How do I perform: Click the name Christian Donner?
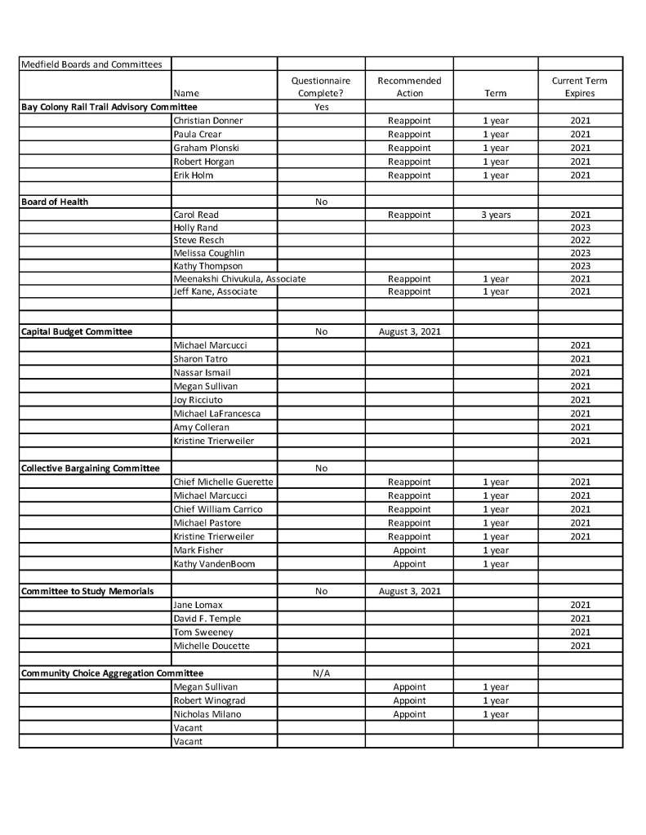click(x=208, y=121)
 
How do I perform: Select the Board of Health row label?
click(x=55, y=202)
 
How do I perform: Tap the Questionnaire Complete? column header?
click(x=321, y=87)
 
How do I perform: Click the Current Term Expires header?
click(x=580, y=87)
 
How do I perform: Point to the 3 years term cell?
click(x=495, y=215)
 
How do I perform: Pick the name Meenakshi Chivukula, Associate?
click(x=239, y=279)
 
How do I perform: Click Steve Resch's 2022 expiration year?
click(x=580, y=241)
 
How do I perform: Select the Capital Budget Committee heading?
click(x=76, y=332)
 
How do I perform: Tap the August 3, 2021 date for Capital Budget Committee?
click(x=409, y=332)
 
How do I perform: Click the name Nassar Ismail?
click(x=202, y=372)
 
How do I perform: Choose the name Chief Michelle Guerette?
click(x=223, y=482)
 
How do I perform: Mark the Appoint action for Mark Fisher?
click(x=409, y=550)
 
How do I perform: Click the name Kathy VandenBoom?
click(x=214, y=564)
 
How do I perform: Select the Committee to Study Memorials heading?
click(x=87, y=591)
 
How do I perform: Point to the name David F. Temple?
click(x=207, y=619)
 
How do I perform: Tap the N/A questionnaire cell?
click(x=321, y=673)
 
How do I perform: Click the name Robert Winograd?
click(x=209, y=700)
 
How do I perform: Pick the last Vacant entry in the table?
click(x=188, y=741)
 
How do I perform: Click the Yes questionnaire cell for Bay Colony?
click(x=321, y=107)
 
